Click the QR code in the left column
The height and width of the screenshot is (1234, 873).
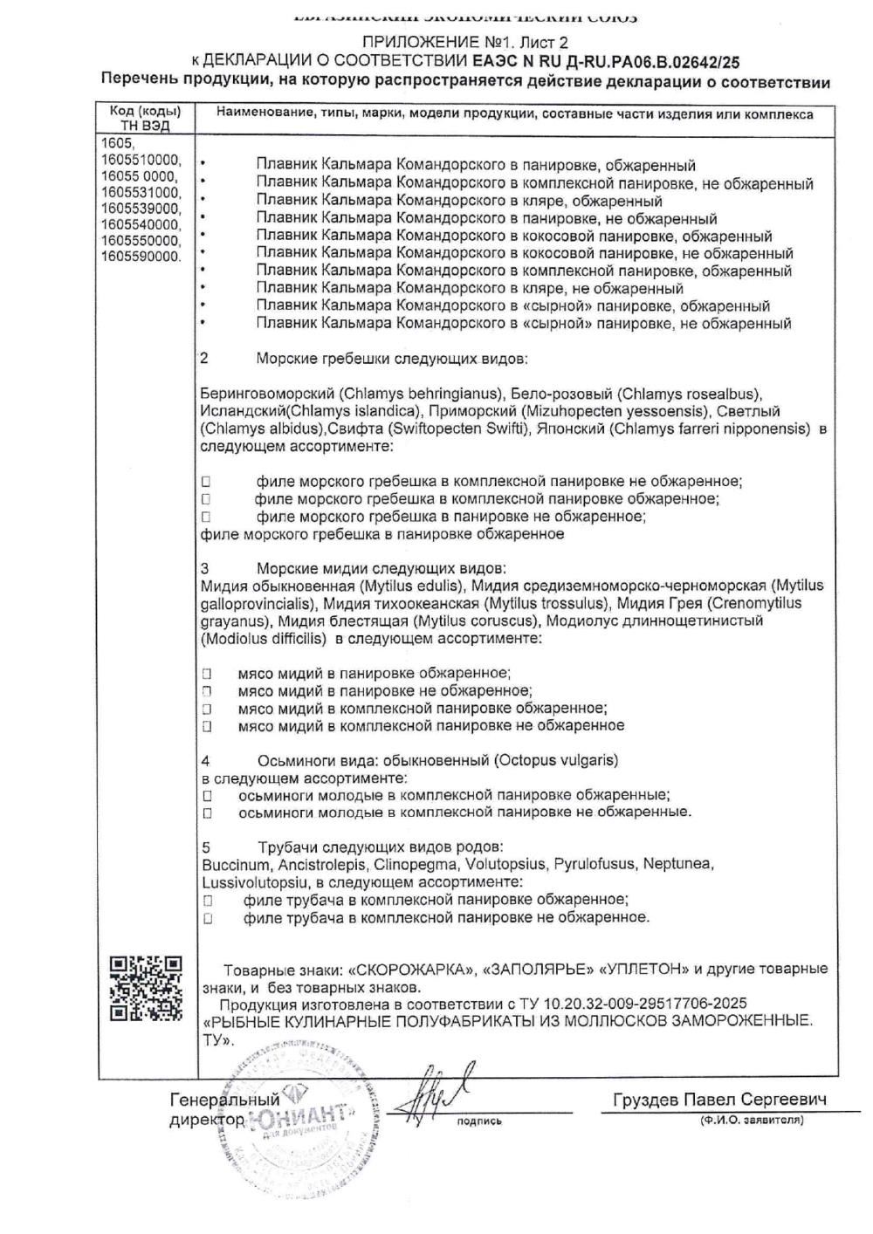[147, 989]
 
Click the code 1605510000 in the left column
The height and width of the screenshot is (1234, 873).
[141, 161]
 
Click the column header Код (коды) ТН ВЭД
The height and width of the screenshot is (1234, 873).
[146, 119]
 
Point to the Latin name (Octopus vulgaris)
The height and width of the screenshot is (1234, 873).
[555, 760]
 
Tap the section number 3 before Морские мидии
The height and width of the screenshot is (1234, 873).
[205, 568]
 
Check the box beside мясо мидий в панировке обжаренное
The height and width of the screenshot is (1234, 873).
[207, 674]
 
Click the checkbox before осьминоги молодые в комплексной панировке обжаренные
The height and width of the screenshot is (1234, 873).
[207, 796]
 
